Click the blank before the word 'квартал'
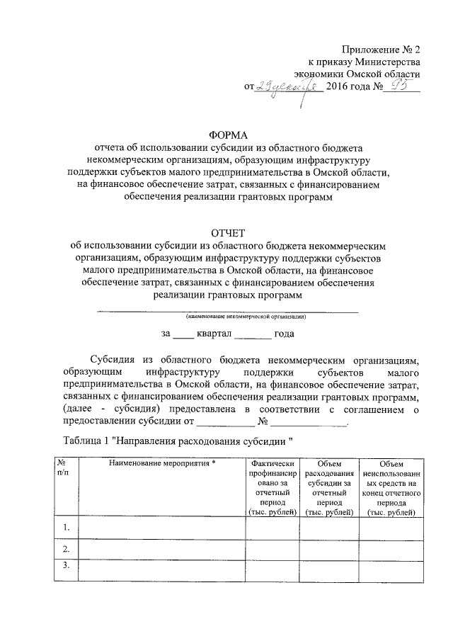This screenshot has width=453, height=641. tap(183, 333)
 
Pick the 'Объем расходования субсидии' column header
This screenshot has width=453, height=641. tap(330, 487)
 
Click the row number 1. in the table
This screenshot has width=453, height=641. tap(66, 528)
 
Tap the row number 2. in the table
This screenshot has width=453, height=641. tap(66, 550)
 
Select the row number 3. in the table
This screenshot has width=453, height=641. tap(66, 566)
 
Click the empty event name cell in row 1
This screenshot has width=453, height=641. tap(161, 528)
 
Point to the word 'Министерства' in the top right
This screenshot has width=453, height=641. tap(391, 61)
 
